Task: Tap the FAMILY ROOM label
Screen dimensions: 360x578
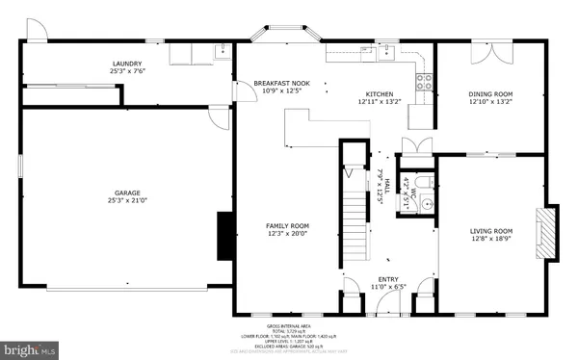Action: [287, 229]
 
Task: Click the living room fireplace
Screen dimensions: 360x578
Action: [547, 232]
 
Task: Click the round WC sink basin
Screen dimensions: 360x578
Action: [424, 204]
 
